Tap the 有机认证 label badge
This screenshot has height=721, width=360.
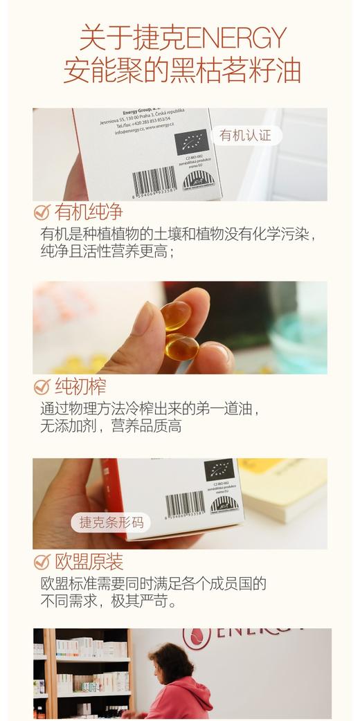coord(246,136)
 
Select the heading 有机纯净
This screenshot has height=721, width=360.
coord(88,212)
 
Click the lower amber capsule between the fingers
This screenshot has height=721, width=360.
coord(182,346)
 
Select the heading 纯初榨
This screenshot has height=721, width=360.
coord(80,387)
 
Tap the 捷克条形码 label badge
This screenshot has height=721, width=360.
coord(111,522)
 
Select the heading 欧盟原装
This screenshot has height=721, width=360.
coord(88,561)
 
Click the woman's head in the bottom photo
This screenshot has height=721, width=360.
coord(162,657)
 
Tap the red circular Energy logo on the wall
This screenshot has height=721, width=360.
coord(197,637)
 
